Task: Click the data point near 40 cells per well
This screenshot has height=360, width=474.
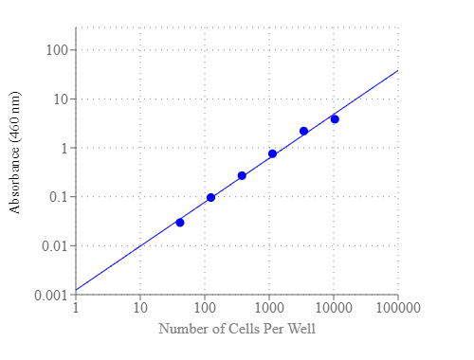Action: pos(180,223)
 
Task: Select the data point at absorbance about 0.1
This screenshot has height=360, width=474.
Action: pos(210,197)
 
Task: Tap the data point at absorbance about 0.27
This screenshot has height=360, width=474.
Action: pos(242,175)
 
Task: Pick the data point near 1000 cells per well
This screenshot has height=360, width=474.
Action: pos(272,153)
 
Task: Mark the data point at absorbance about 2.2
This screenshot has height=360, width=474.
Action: pos(303,131)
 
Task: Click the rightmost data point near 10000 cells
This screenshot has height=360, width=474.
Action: pos(335,118)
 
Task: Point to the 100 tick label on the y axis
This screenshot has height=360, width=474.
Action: pos(57,50)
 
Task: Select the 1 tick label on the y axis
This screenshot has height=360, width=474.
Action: pos(64,149)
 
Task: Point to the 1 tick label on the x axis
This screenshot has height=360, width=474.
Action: pos(76,308)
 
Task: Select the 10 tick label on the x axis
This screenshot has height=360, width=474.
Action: pos(140,308)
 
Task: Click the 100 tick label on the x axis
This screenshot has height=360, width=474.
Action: pos(205,308)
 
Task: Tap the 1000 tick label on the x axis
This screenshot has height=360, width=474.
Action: pos(269,308)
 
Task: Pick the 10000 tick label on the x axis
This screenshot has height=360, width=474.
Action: pos(334,308)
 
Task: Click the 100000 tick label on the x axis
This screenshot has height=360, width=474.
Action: pos(398,308)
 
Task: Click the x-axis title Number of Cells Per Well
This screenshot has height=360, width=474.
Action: pos(237,329)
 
